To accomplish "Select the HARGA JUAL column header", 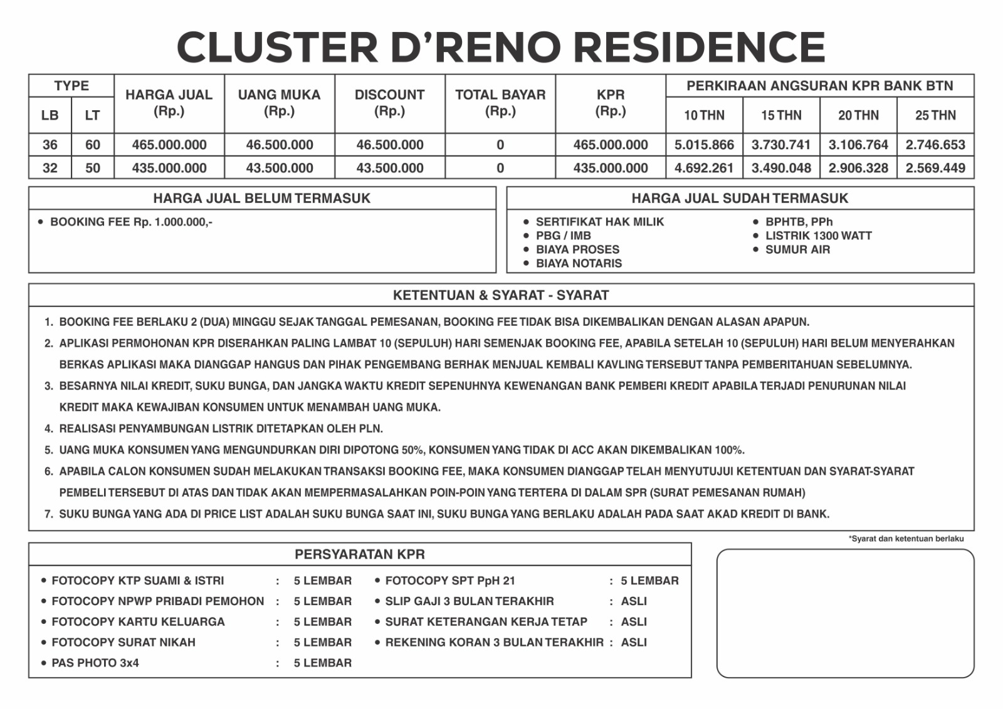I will [169, 103].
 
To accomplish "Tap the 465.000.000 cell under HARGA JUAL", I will [169, 145].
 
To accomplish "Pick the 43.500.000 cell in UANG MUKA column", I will [280, 168].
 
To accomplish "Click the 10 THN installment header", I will [704, 115].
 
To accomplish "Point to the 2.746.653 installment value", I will [935, 145].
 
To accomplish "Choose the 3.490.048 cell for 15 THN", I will [781, 168].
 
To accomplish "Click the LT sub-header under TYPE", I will [92, 115].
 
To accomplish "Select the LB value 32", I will [50, 168].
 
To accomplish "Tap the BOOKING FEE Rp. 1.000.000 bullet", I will [130, 222].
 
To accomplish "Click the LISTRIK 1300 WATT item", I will [818, 235].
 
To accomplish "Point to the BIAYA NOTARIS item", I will [579, 263].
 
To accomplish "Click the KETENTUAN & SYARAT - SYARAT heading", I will [501, 295].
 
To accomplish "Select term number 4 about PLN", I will [221, 428].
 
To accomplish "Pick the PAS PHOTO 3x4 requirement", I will [95, 663].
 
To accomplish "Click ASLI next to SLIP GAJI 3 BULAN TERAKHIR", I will [634, 601].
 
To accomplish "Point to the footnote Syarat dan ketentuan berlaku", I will [906, 539].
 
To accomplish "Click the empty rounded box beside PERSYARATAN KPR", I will [845, 613].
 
